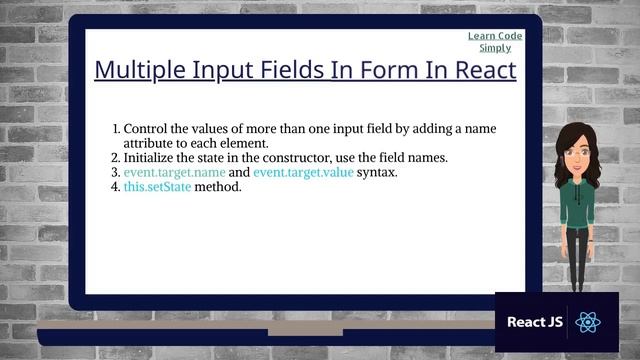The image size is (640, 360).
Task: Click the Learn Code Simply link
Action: (x=495, y=42)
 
